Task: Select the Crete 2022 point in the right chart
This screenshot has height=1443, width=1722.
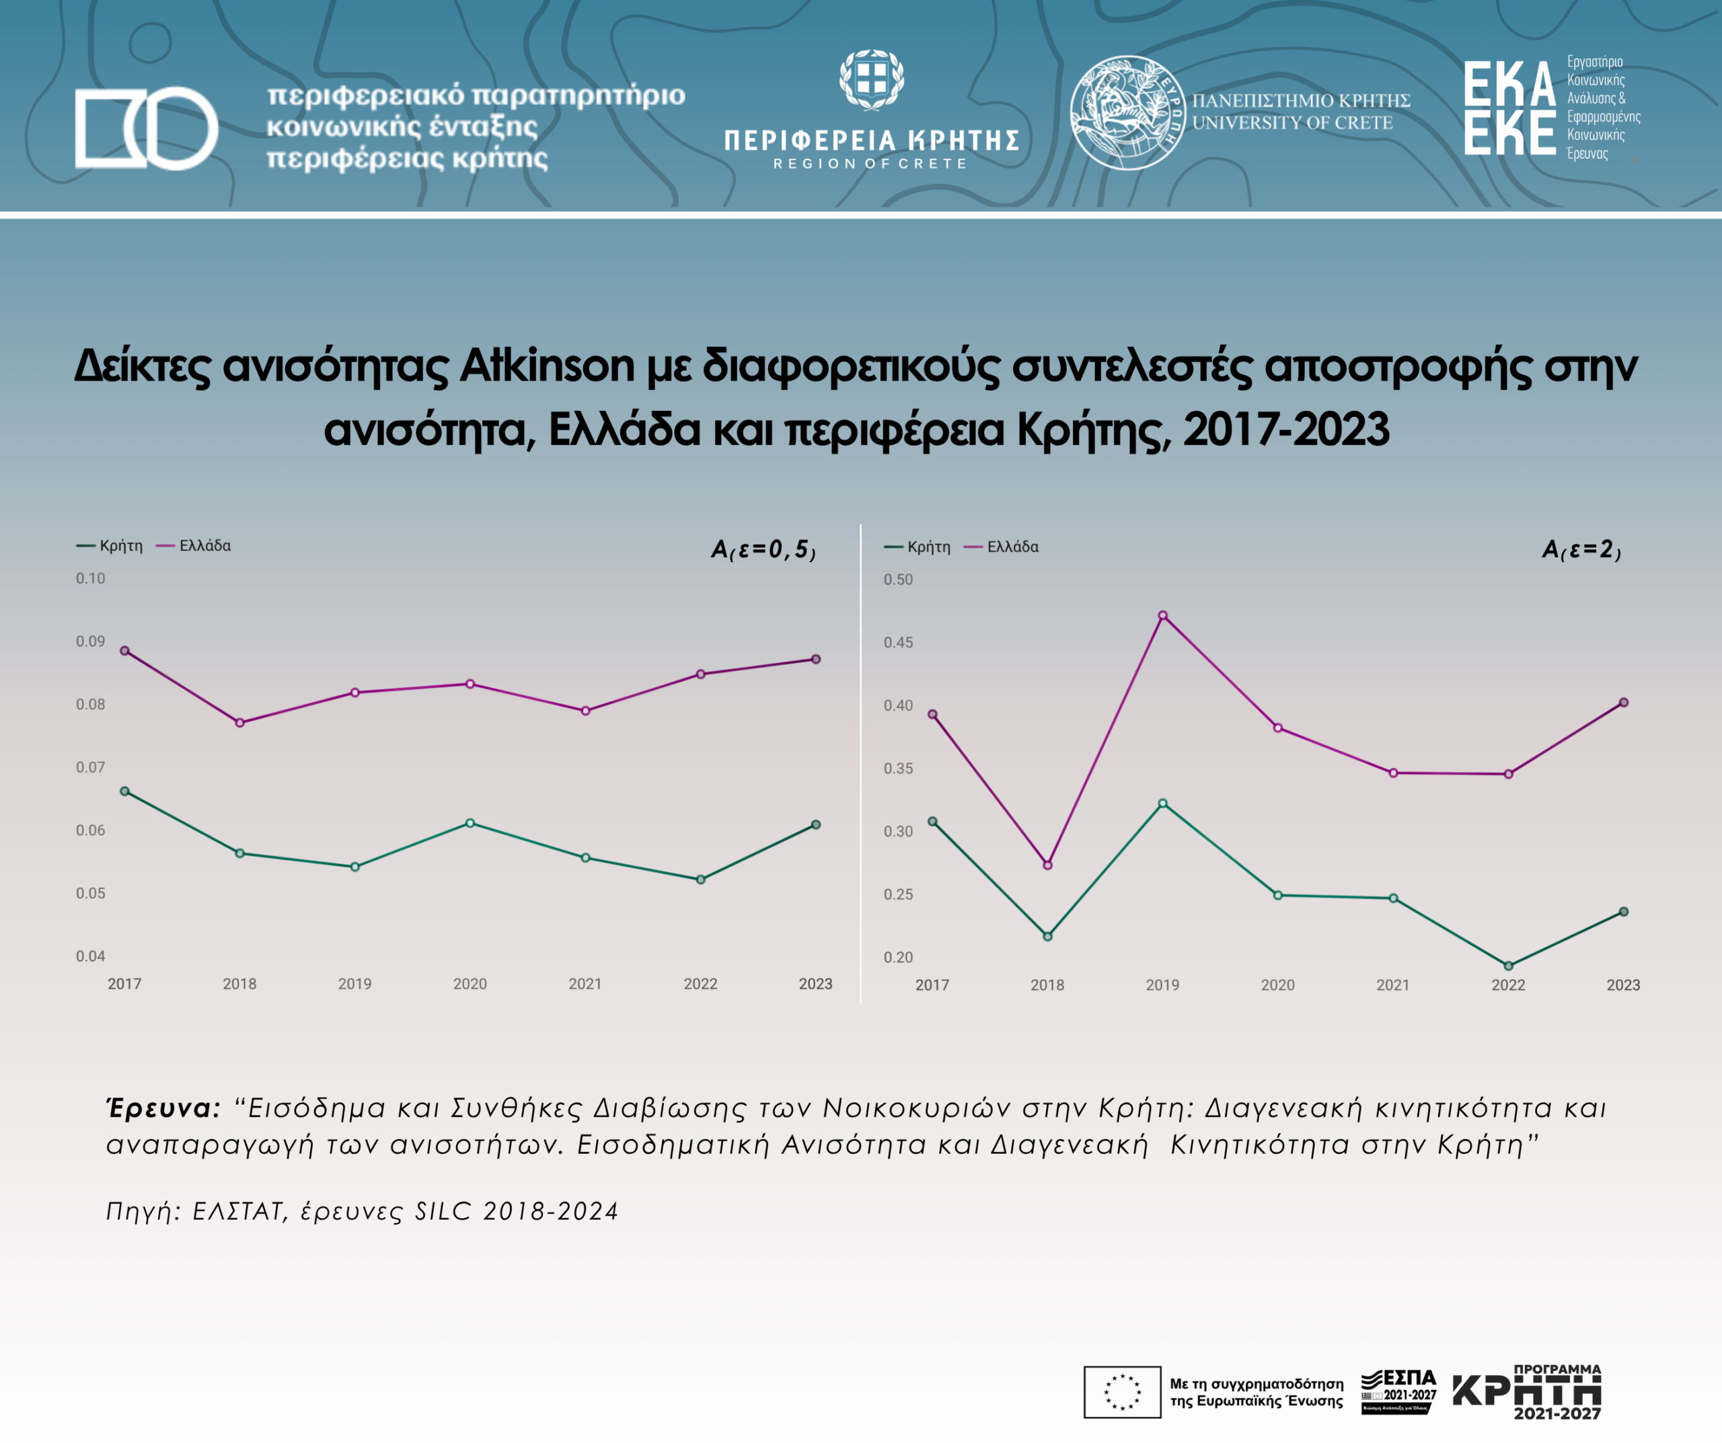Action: click(1508, 966)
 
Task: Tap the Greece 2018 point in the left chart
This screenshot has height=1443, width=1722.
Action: click(239, 722)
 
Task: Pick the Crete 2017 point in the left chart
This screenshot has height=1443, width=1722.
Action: click(124, 791)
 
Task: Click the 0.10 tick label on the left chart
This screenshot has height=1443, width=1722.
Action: click(90, 578)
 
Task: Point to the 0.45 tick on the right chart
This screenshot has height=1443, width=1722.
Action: click(898, 642)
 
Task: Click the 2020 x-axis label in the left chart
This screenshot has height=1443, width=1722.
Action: click(470, 984)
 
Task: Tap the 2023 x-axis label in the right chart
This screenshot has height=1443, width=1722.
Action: click(1622, 984)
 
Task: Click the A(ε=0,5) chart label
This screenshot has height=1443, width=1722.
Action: click(763, 549)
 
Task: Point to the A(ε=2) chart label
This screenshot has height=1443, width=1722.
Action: click(1581, 549)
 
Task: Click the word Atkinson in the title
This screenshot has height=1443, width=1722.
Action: click(547, 366)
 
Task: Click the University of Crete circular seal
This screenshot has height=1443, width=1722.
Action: click(1127, 112)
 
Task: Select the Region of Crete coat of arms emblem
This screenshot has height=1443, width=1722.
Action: click(871, 79)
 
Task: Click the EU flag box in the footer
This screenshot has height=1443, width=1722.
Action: click(1122, 1391)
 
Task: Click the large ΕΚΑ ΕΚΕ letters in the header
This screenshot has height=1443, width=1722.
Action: click(1509, 108)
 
